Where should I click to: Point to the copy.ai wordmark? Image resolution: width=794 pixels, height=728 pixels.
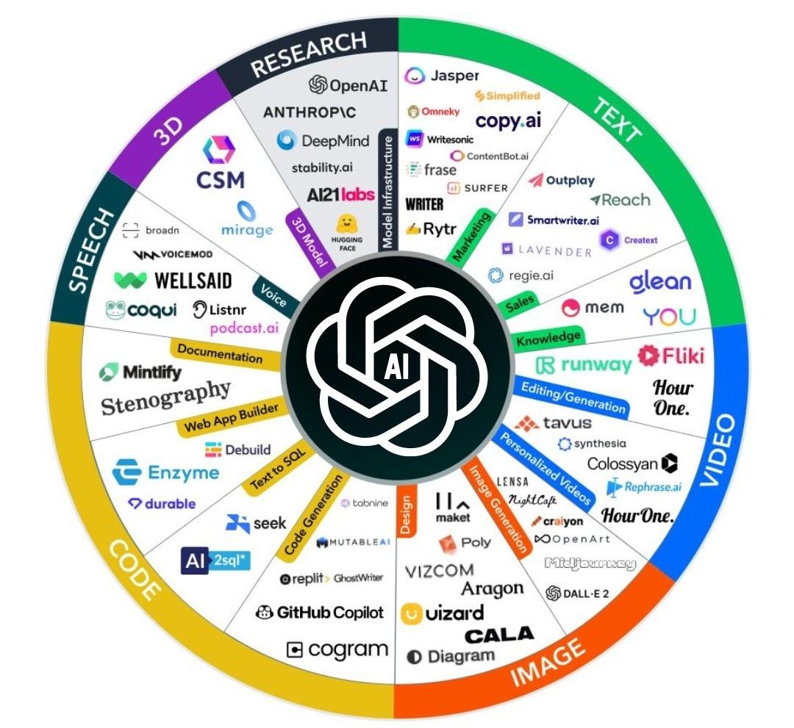coord(508,121)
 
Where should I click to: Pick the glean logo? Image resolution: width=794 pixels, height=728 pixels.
coord(660,282)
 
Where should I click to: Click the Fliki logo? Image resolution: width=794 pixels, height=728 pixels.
coord(670,356)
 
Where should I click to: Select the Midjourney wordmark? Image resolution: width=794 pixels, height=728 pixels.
coord(590,564)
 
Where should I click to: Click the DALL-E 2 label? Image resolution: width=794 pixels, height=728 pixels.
coord(577,594)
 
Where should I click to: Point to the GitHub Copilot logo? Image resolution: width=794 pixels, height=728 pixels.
coord(320,612)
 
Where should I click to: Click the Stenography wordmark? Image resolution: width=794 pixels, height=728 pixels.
coord(165,397)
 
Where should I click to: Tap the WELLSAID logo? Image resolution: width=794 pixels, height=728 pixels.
coord(174,280)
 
